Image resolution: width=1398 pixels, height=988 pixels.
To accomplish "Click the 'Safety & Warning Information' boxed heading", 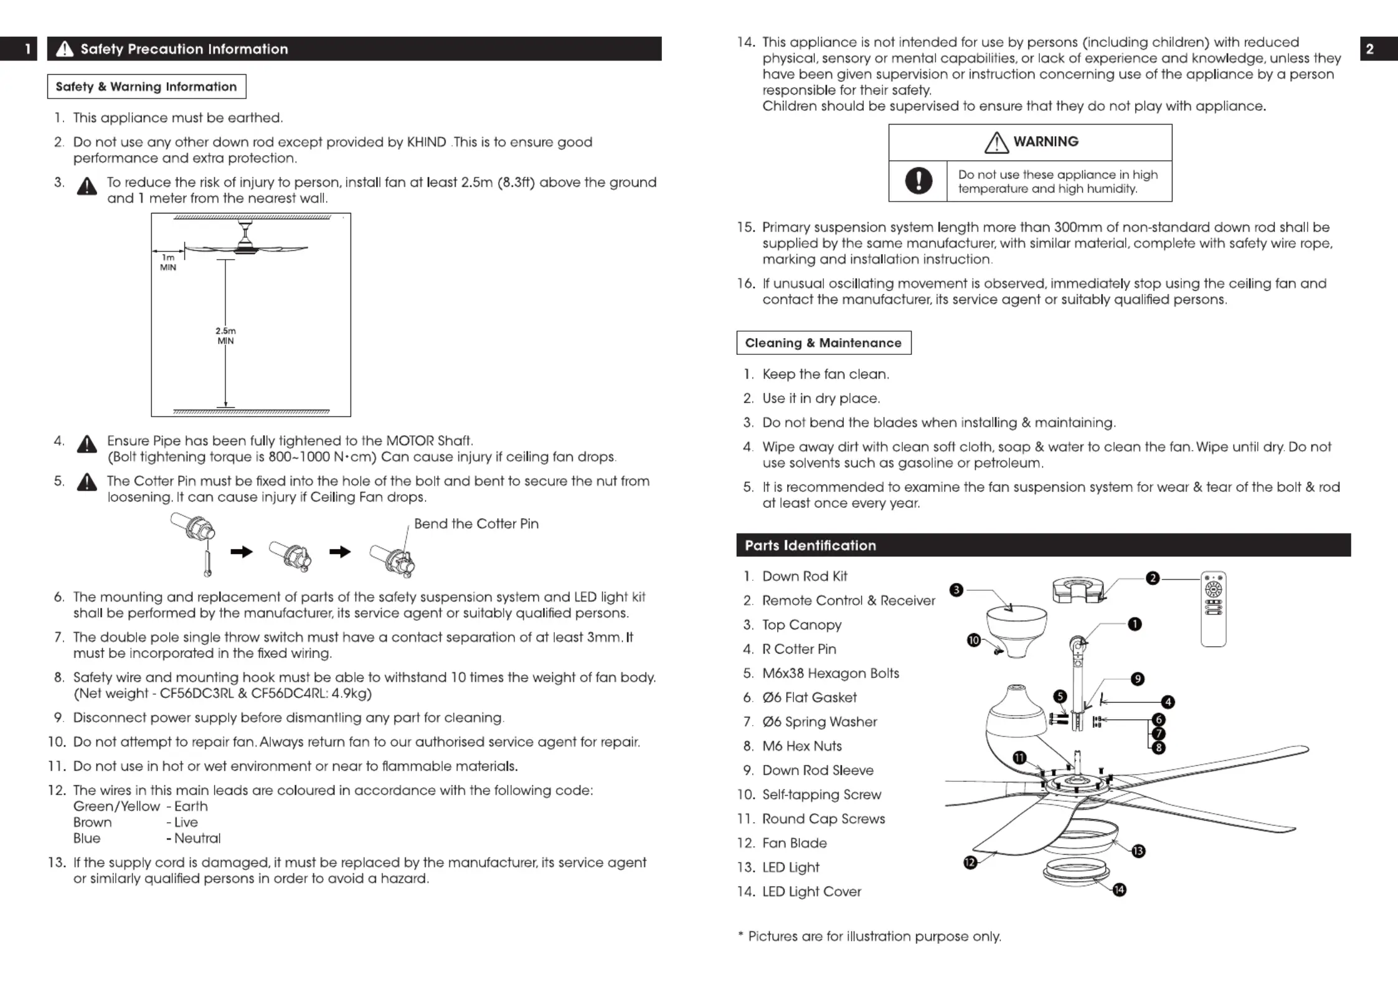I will pyautogui.click(x=146, y=87).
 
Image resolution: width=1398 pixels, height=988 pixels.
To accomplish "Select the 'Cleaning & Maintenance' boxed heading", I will pyautogui.click(x=823, y=343).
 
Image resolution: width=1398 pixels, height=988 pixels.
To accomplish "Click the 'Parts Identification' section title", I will pyautogui.click(x=810, y=545).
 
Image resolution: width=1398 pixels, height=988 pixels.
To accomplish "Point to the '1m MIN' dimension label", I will pyautogui.click(x=168, y=262).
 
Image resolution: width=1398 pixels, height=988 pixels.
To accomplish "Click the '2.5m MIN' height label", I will pyautogui.click(x=225, y=336).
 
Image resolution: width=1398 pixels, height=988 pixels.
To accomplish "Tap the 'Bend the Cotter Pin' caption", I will pyautogui.click(x=476, y=524).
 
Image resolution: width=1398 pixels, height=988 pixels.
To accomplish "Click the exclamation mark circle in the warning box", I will pyautogui.click(x=918, y=181).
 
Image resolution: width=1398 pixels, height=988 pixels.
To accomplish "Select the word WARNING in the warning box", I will pyautogui.click(x=1046, y=141).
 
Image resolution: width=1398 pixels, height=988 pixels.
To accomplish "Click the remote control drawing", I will pyautogui.click(x=1213, y=609).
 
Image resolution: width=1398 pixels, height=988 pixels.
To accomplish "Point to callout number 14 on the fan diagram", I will pyautogui.click(x=1119, y=890).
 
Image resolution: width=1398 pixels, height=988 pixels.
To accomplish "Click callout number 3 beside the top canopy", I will pyautogui.click(x=956, y=590).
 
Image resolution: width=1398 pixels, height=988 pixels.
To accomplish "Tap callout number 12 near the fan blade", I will pyautogui.click(x=970, y=862).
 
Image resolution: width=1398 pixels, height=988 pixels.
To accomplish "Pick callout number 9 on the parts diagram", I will pyautogui.click(x=1137, y=679).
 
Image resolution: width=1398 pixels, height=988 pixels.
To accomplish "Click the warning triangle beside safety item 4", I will pyautogui.click(x=87, y=444).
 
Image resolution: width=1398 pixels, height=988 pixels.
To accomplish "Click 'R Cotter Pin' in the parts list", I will pyautogui.click(x=799, y=649).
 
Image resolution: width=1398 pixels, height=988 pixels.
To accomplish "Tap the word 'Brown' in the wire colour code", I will pyautogui.click(x=92, y=822).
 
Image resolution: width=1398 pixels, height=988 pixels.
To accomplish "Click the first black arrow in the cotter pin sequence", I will pyautogui.click(x=241, y=552).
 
